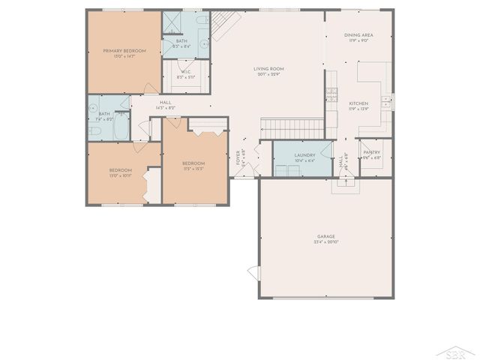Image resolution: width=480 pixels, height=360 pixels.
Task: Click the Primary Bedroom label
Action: click(124, 50)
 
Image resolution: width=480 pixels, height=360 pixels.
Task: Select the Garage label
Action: click(325, 236)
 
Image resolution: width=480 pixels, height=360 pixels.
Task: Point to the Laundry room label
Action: click(304, 155)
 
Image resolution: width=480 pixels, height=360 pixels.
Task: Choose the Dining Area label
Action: click(358, 35)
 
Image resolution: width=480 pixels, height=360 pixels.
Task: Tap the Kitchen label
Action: click(358, 103)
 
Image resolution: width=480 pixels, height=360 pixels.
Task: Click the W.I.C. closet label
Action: click(185, 72)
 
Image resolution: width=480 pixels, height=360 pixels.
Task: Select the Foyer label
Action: click(238, 157)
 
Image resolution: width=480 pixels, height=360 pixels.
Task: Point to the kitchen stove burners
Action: click(385, 100)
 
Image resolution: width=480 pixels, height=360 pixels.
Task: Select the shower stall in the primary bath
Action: click(172, 22)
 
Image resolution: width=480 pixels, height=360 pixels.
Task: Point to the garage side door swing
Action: click(253, 276)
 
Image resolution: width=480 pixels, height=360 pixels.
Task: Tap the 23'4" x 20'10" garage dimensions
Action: click(325, 243)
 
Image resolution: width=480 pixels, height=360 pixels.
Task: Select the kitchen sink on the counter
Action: click(331, 97)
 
